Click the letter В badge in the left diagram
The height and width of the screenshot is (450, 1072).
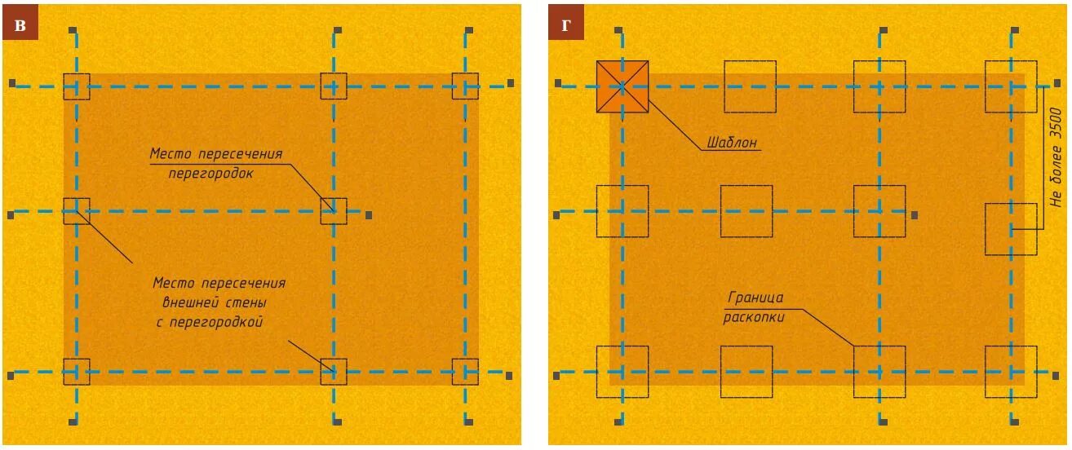pos(20,25)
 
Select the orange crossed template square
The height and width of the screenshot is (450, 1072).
pos(622,86)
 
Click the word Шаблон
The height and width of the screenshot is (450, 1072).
pos(732,143)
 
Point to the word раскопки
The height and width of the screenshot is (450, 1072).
pos(754,318)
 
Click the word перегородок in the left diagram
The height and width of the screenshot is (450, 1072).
pos(211,174)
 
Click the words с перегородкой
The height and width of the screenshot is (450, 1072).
pos(209,322)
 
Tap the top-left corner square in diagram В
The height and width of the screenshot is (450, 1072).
pos(77,86)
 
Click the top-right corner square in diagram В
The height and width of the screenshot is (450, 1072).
pos(466,86)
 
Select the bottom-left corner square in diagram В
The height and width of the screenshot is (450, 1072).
pos(77,372)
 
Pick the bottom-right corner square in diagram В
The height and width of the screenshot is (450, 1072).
pos(466,372)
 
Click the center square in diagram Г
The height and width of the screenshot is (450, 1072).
pos(746,211)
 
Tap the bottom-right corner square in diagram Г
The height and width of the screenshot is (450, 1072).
pos(1011,372)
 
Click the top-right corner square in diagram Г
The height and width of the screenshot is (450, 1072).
pos(1011,86)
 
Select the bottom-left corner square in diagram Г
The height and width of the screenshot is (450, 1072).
pos(622,372)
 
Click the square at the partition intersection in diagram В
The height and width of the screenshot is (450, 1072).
pos(334,211)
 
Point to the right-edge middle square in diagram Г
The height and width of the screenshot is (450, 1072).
pos(1011,229)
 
